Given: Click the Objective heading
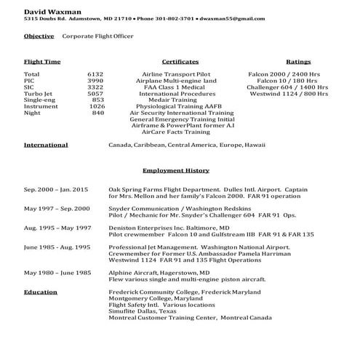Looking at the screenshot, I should pyautogui.click(x=38, y=35).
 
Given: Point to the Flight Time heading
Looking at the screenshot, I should pyautogui.click(x=42, y=63).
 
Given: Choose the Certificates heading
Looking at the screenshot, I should pyautogui.click(x=180, y=63).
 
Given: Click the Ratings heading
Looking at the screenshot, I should pyautogui.click(x=298, y=63).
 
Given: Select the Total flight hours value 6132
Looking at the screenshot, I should pyautogui.click(x=95, y=74).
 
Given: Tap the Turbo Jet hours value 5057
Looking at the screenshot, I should pyautogui.click(x=95, y=94).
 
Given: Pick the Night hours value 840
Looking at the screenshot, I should pyautogui.click(x=98, y=113).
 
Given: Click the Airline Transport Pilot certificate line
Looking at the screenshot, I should pyautogui.click(x=180, y=74).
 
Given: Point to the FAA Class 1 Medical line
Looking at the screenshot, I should pyautogui.click(x=180, y=87).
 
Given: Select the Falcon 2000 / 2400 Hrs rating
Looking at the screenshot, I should pyautogui.click(x=283, y=74).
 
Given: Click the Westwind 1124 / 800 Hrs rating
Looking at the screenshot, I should pyautogui.click(x=283, y=94).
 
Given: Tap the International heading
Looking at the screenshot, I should pyautogui.click(x=46, y=145).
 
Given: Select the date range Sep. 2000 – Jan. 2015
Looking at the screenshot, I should pyautogui.click(x=56, y=189).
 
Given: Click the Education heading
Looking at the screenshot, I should pyautogui.click(x=41, y=292).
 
